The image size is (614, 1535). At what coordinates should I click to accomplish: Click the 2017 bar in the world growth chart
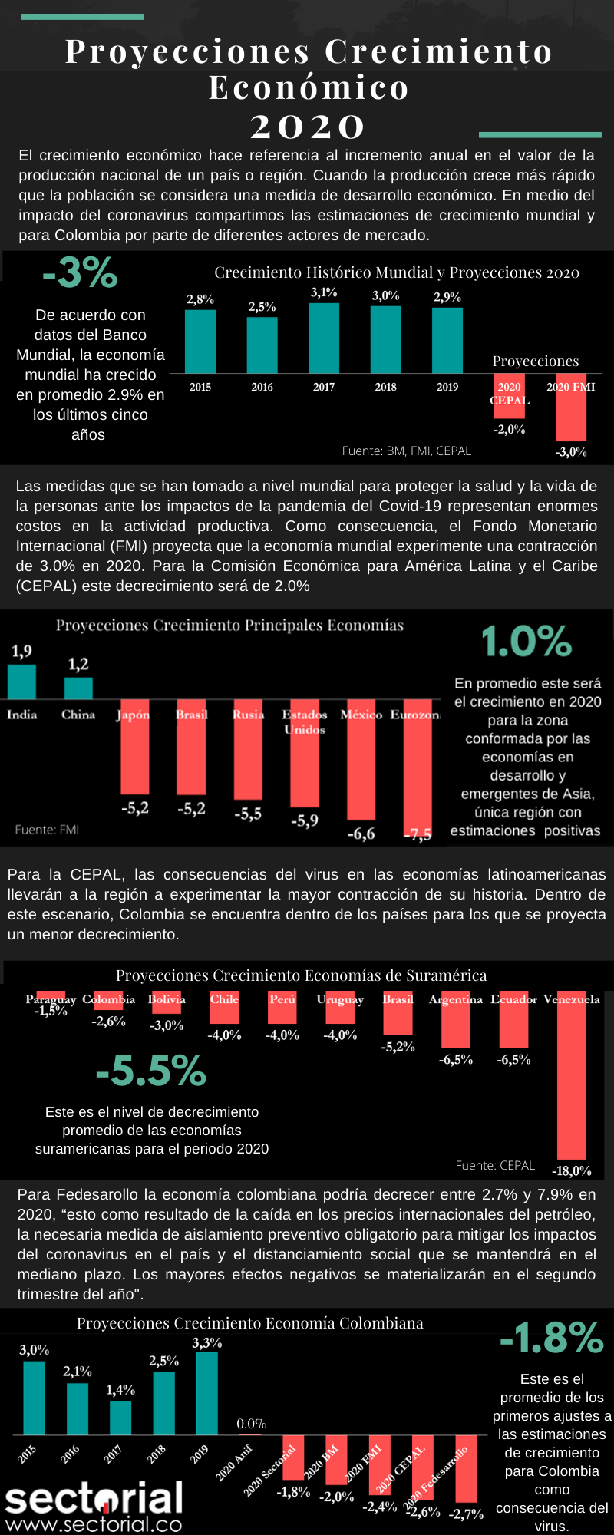(323, 338)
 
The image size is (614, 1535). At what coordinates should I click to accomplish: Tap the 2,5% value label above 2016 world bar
(262, 307)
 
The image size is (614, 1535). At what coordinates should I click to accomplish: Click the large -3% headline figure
(81, 272)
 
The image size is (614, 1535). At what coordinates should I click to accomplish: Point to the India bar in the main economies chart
(21, 682)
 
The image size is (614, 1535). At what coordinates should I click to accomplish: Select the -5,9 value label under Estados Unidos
(305, 820)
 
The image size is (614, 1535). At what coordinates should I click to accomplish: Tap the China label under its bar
(78, 715)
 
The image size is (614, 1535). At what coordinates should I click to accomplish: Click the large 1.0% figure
(527, 642)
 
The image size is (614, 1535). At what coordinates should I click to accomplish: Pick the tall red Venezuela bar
(571, 1074)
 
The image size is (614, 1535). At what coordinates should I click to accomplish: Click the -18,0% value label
(572, 1170)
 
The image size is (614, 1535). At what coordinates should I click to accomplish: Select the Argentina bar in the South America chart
(455, 1021)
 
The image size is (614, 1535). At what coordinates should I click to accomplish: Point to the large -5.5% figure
(151, 1071)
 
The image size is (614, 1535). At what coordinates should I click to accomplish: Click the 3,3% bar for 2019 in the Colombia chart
(207, 1393)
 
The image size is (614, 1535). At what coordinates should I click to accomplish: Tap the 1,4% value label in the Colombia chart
(120, 1390)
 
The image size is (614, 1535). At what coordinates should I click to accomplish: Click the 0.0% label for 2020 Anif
(251, 1424)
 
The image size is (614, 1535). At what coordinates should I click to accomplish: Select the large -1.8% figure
(552, 1338)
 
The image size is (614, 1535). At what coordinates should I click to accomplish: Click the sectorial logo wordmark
(94, 1499)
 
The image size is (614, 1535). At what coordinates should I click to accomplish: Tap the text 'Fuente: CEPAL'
(495, 1165)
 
